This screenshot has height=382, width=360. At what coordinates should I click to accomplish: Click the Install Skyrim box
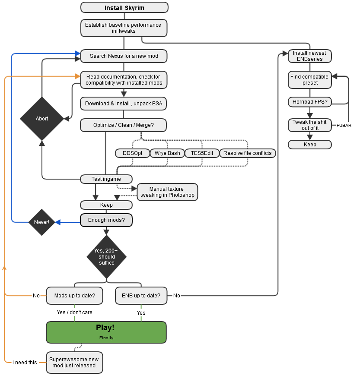(x=124, y=8)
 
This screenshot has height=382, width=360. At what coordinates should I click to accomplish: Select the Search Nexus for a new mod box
(x=124, y=56)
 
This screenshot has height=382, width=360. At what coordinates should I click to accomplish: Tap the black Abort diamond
(x=42, y=118)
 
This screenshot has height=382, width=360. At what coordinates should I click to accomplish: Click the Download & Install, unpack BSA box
(x=124, y=104)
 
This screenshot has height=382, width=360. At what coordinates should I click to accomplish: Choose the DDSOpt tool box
(x=132, y=153)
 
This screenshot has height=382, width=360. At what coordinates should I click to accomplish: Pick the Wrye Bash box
(x=167, y=153)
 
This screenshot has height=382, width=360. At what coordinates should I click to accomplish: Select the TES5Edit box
(x=202, y=153)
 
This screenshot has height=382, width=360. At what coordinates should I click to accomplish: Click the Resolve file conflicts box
(x=247, y=153)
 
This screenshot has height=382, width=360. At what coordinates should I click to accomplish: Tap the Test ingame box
(x=106, y=179)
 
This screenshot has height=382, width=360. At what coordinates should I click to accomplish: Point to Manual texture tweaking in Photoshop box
(x=167, y=192)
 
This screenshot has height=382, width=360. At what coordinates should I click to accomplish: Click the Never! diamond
(x=42, y=222)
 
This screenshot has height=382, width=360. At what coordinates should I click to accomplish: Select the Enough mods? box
(x=106, y=220)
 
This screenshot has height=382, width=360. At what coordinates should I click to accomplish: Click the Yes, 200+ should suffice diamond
(x=106, y=257)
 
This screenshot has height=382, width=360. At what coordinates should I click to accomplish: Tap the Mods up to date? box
(x=75, y=296)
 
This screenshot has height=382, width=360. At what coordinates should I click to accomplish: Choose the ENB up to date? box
(x=141, y=296)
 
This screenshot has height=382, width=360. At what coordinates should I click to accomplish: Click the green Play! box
(x=106, y=332)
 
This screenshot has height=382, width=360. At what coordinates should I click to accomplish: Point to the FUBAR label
(x=344, y=126)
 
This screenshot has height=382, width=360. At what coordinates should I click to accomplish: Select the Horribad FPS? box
(x=309, y=102)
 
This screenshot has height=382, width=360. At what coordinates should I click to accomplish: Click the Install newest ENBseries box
(x=310, y=56)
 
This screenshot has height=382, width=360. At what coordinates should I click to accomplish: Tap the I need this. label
(x=25, y=362)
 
